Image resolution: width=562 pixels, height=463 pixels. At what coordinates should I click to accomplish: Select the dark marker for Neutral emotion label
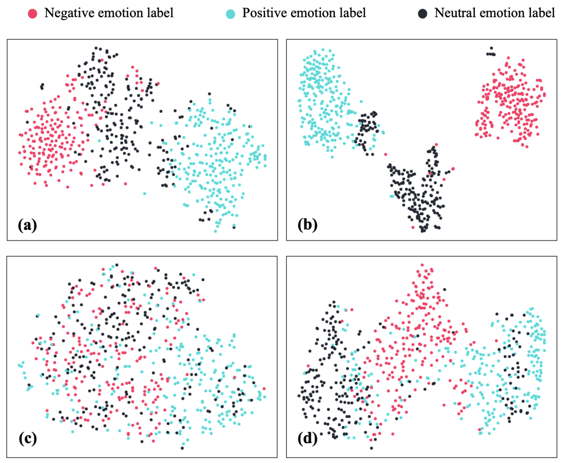click(x=422, y=14)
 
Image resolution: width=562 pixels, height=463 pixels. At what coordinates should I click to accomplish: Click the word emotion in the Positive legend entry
click(x=313, y=13)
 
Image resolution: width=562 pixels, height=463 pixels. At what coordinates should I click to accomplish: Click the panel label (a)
click(x=27, y=225)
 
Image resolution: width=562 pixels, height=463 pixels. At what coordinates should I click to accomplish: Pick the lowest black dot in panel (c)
click(x=182, y=448)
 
